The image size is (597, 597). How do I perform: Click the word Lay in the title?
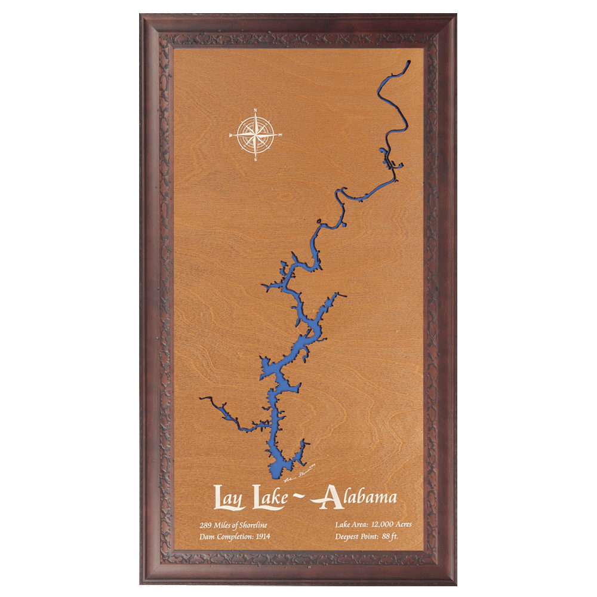click(229, 498)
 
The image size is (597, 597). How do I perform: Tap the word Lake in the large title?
click(269, 498)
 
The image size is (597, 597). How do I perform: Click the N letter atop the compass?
click(256, 110)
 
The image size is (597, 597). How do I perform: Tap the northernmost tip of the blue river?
click(409, 62)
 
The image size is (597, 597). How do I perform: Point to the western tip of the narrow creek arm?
click(201, 398)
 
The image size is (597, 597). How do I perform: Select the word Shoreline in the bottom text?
click(253, 525)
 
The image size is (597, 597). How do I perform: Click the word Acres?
click(400, 525)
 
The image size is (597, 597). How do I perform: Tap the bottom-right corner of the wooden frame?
click(455, 583)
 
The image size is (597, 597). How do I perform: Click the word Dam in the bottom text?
click(207, 536)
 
